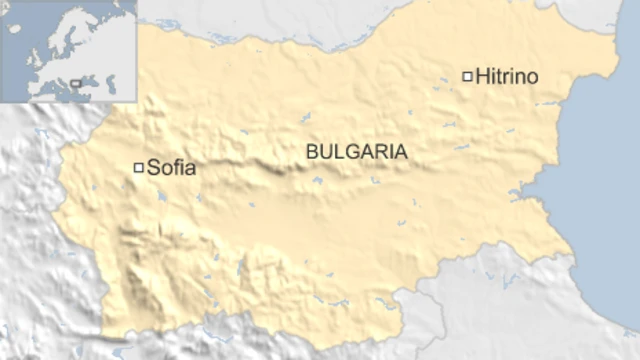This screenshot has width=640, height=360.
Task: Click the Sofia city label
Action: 171,168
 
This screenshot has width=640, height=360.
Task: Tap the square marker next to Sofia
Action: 139,167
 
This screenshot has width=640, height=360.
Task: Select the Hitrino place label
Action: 506,76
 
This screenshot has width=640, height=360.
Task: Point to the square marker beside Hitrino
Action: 467,76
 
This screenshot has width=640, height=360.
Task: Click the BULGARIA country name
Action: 357,152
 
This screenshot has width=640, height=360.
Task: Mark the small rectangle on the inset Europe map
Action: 76,83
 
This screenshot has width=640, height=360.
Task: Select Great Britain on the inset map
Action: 34,56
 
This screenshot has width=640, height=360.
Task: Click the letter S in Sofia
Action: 153,168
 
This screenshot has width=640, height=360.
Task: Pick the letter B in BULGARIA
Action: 312,152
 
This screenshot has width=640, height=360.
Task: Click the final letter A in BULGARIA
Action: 401,152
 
